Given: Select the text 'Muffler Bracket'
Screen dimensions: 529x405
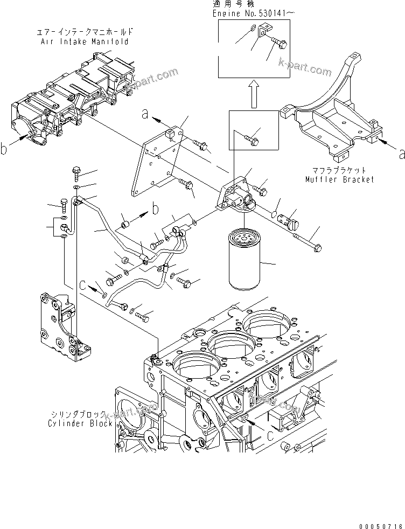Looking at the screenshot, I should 336,179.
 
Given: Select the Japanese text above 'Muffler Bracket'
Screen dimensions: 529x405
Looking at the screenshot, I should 336,170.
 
